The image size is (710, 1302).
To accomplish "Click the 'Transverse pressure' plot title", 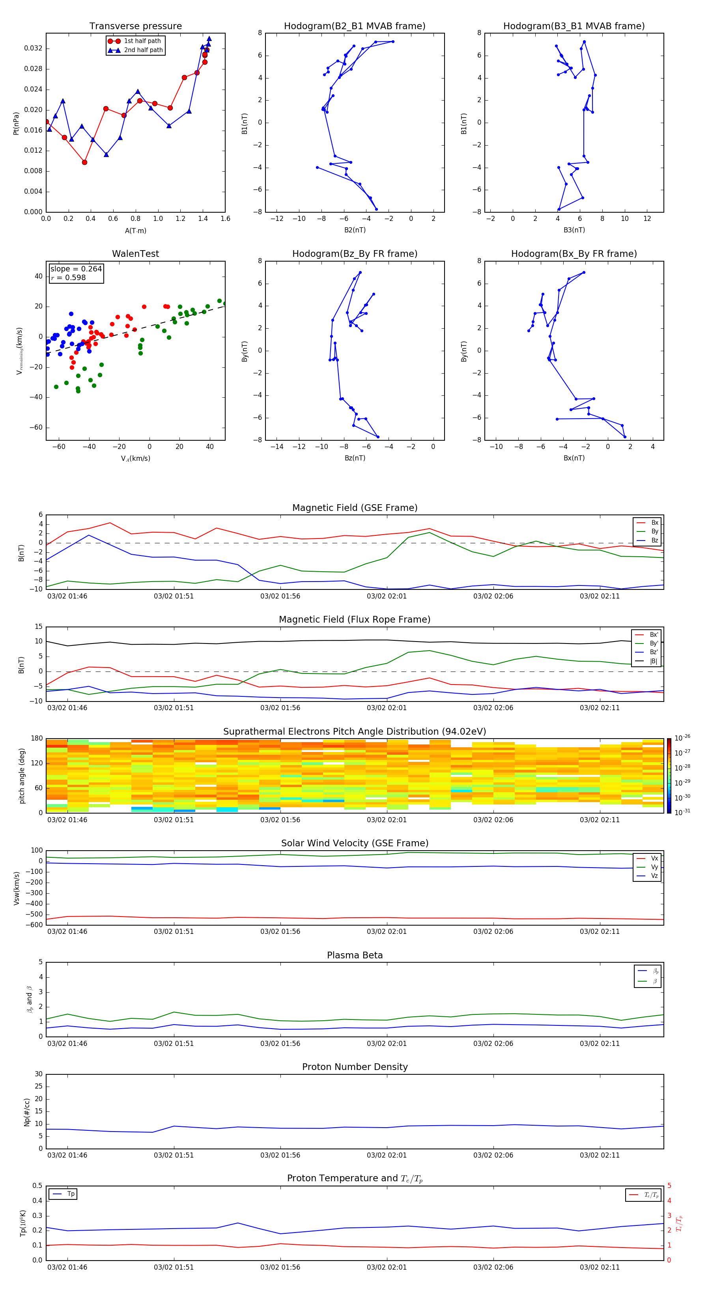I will click(135, 26).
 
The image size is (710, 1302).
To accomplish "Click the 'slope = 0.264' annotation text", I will click(76, 269).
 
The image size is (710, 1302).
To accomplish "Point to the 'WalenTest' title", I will click(135, 254).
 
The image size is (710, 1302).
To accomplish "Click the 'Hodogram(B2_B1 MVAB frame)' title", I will click(354, 26).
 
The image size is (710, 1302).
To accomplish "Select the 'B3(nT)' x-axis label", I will click(574, 230).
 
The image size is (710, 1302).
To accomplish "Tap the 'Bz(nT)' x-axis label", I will click(355, 458).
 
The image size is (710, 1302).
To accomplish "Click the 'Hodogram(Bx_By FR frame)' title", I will click(574, 254).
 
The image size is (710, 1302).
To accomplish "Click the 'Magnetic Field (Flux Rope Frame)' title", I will click(354, 620).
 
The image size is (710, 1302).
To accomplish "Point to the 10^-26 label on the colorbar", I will click(682, 738).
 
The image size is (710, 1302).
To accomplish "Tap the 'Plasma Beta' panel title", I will click(354, 955).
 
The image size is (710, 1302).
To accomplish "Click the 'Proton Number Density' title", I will click(354, 1067).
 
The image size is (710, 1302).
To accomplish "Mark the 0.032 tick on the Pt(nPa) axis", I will click(34, 49).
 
